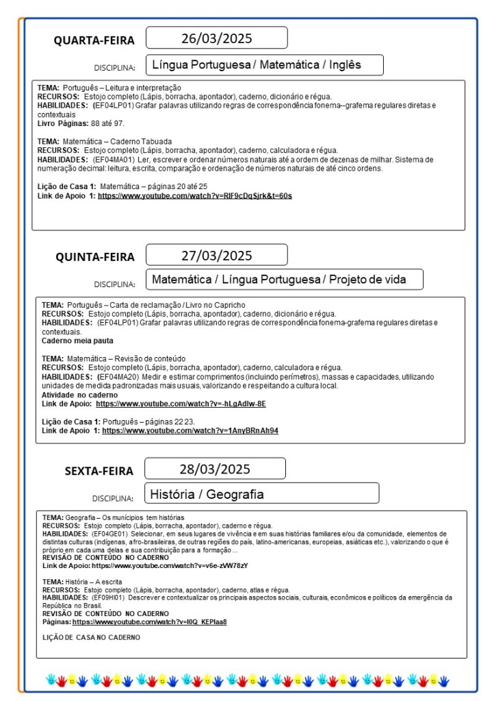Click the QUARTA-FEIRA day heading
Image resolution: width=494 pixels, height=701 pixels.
(x=94, y=40)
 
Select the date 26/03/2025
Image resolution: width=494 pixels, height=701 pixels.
(x=216, y=38)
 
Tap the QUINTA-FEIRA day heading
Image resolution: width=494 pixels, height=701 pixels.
(x=95, y=257)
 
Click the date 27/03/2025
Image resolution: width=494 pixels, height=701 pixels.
(x=216, y=256)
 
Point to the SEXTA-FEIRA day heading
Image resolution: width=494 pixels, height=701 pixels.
(x=99, y=471)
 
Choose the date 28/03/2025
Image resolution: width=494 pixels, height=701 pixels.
(x=215, y=469)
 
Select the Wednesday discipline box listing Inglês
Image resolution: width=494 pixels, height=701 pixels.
(x=263, y=65)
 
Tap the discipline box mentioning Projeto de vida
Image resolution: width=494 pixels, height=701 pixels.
(x=284, y=279)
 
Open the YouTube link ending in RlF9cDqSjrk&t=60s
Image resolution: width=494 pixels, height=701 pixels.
(x=195, y=196)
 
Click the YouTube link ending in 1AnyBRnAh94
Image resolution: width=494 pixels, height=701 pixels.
(x=190, y=430)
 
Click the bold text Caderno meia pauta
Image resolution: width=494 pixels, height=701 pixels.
(x=77, y=341)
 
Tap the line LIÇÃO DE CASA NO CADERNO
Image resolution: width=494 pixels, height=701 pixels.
(x=91, y=637)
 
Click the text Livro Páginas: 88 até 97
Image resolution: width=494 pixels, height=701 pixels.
(x=81, y=123)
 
